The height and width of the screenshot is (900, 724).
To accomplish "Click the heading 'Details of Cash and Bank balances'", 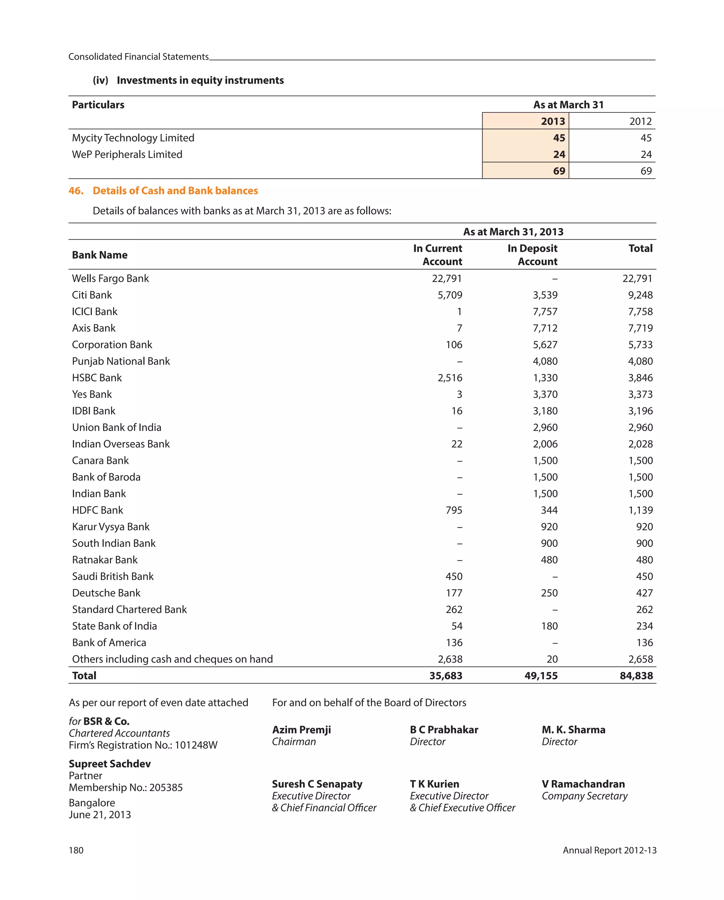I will pyautogui.click(x=175, y=191).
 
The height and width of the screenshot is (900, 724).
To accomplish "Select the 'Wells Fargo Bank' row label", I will pyautogui.click(x=110, y=279).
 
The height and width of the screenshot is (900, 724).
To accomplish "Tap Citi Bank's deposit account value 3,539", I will pyautogui.click(x=544, y=295).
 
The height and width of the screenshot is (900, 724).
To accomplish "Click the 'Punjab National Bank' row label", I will pyautogui.click(x=121, y=361).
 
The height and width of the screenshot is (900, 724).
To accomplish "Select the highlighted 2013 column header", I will pyautogui.click(x=553, y=122).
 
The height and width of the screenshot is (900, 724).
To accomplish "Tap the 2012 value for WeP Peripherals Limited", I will pyautogui.click(x=646, y=154).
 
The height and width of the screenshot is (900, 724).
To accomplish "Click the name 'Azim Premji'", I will pyautogui.click(x=301, y=730).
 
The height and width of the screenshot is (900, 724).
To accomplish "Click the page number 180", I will pyautogui.click(x=76, y=850).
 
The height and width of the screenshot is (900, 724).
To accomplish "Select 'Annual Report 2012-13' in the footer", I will pyautogui.click(x=609, y=850).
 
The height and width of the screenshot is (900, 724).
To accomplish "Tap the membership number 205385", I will pyautogui.click(x=166, y=787).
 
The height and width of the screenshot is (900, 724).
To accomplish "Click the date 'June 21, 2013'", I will pyautogui.click(x=100, y=814).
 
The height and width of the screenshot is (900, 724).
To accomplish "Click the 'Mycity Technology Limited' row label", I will pyautogui.click(x=133, y=138).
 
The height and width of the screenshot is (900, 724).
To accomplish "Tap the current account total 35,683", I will pyautogui.click(x=445, y=676).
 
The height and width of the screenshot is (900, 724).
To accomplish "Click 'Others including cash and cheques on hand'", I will pyautogui.click(x=172, y=659).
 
